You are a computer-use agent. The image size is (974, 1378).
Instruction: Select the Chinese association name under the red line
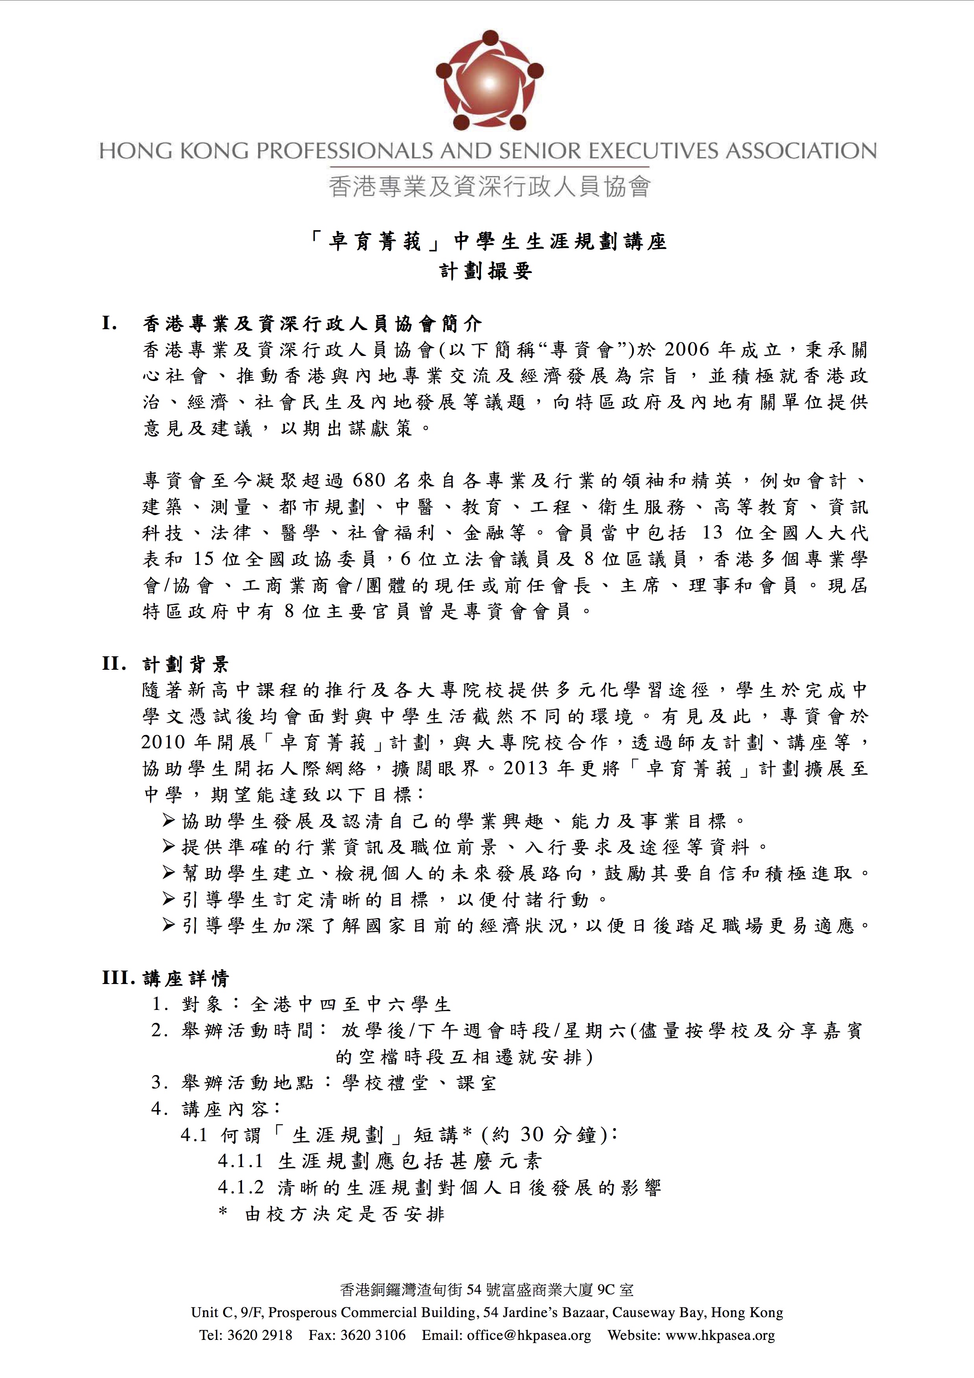click(x=488, y=187)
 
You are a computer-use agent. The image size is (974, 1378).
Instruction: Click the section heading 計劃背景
click(x=185, y=664)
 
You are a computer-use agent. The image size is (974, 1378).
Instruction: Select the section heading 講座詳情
click(x=186, y=979)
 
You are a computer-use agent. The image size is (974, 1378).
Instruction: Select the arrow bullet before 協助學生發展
click(x=169, y=821)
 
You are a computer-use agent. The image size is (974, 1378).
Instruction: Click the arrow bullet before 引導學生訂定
click(x=169, y=899)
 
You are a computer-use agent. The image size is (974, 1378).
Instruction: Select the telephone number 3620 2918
click(x=260, y=1352)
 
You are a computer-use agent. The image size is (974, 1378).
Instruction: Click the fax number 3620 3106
click(x=373, y=1352)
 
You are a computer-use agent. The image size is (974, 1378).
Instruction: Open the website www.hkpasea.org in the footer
click(x=719, y=1352)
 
